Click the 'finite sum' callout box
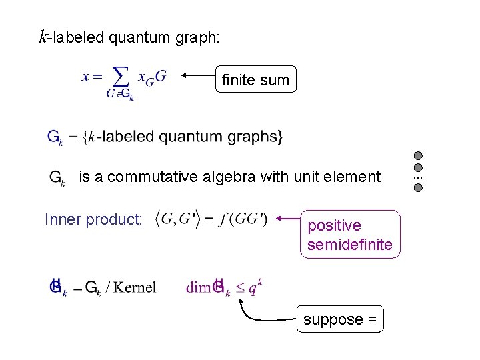256,81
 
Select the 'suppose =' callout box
341,319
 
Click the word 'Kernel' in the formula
135,288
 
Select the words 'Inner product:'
93,219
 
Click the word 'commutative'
155,177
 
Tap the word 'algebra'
229,177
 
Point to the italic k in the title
43,37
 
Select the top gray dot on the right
418,155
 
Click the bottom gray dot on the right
418,188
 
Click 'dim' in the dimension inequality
198,288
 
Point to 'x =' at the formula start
92,77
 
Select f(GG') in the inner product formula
245,219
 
